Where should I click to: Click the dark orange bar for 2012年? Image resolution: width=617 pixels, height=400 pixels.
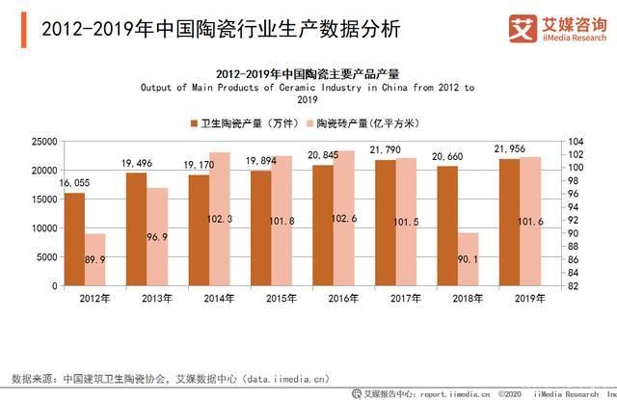pyautogui.click(x=74, y=239)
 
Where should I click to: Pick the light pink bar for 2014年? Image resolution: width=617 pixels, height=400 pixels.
pyautogui.click(x=219, y=219)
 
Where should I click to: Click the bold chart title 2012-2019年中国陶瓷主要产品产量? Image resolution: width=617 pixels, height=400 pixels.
pyautogui.click(x=307, y=72)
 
